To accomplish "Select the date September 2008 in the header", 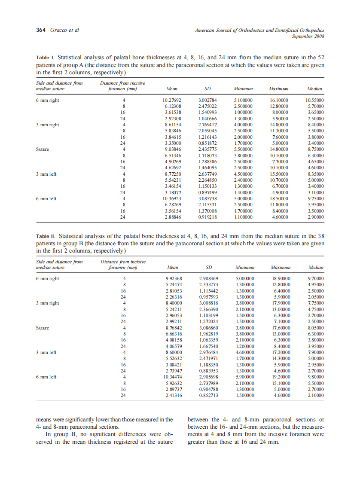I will point(308,37).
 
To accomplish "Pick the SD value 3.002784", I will point(207,100).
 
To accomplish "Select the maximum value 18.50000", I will point(278,199).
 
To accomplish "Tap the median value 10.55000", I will point(314,100).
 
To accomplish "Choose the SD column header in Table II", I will point(207,268).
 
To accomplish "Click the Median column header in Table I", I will point(315,89).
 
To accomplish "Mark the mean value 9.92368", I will point(174,279).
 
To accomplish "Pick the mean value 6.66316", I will point(174,334).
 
